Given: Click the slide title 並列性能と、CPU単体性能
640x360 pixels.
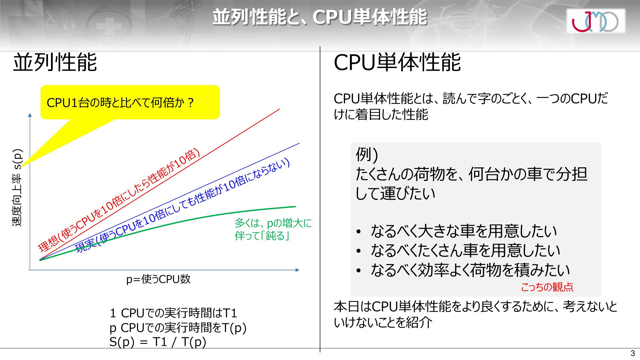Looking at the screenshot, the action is click(x=320, y=17).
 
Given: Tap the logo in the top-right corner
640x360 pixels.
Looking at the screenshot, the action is click(x=596, y=21).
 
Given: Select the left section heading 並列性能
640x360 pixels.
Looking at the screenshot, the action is click(x=55, y=62).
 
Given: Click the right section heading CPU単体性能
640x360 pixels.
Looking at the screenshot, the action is click(x=397, y=62).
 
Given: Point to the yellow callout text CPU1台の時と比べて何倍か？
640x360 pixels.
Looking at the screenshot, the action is click(x=120, y=103).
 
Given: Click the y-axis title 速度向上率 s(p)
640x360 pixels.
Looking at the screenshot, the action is click(x=17, y=188).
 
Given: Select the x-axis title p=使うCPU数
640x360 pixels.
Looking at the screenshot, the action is click(x=158, y=279).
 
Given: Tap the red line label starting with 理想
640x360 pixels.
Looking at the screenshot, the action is click(x=119, y=200).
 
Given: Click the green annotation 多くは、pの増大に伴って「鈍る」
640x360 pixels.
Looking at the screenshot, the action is click(x=273, y=229).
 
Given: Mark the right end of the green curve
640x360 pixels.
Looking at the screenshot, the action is click(x=295, y=207).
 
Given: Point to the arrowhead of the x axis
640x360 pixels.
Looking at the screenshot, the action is click(x=297, y=270).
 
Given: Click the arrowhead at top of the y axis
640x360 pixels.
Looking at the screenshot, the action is click(x=30, y=115).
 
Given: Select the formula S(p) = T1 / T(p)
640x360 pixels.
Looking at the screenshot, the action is click(x=158, y=342).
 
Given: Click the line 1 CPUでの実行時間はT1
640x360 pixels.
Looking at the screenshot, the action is click(x=173, y=313).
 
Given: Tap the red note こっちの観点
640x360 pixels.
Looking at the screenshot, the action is click(x=547, y=287).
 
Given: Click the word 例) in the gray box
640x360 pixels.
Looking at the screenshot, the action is click(x=367, y=154).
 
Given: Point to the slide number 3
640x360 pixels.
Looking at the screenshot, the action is click(x=633, y=354).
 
